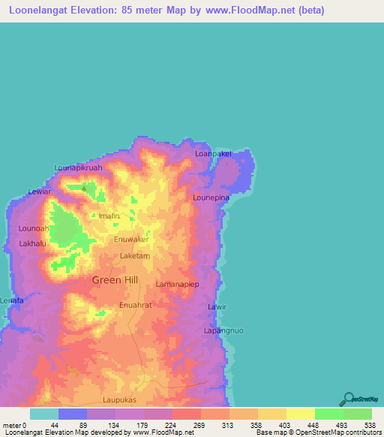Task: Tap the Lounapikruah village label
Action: point(78,167)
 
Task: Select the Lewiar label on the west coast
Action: point(39,191)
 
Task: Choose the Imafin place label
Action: point(109,215)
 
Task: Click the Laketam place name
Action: point(136,255)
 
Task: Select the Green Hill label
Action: point(115,280)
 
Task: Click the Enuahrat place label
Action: point(136,305)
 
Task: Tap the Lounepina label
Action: point(210,197)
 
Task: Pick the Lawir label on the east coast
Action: point(217,307)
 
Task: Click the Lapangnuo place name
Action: point(224,330)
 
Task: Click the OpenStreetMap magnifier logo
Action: point(349,399)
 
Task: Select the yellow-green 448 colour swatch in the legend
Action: point(301,414)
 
